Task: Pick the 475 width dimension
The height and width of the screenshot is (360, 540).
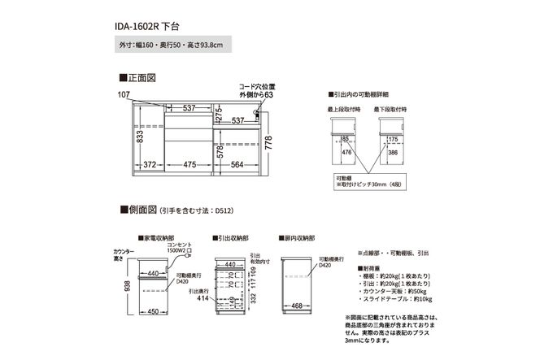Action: pos(189,165)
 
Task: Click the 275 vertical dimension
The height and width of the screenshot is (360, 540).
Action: pos(218,114)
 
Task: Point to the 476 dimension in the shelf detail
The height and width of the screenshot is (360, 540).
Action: pos(346,151)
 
